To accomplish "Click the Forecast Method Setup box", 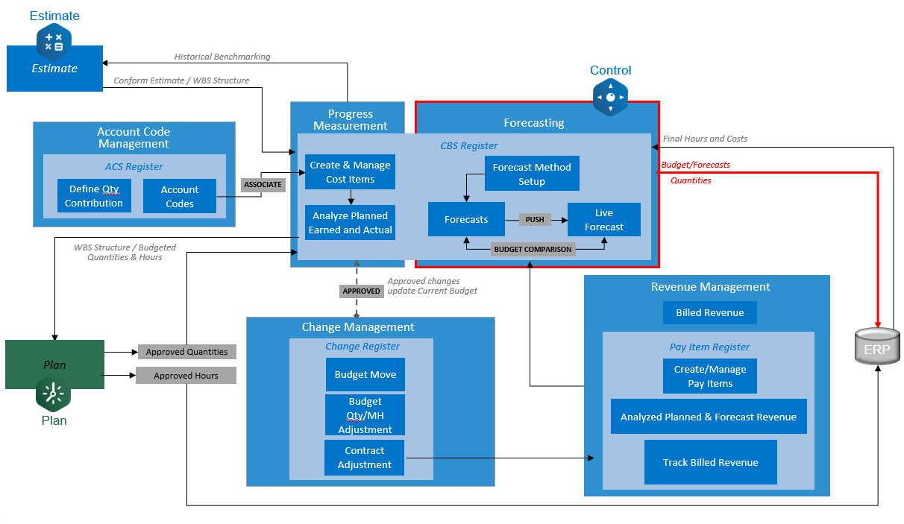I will click(532, 174).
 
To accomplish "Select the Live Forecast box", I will click(603, 220).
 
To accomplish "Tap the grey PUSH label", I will click(535, 220).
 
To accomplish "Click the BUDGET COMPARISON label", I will click(533, 250).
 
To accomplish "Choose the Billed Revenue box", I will click(709, 313).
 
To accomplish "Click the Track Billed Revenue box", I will click(710, 462).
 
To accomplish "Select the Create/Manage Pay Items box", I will click(709, 376).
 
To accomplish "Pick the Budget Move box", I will click(365, 375).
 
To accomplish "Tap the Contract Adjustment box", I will click(364, 458).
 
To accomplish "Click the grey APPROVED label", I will click(361, 291).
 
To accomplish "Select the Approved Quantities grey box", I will click(186, 352).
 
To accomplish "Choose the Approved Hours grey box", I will click(186, 376).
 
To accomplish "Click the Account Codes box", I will click(180, 197).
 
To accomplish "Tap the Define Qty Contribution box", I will click(94, 196).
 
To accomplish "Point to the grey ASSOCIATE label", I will click(263, 184).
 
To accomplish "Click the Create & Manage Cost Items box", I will click(350, 172).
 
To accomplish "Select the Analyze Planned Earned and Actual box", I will click(350, 223).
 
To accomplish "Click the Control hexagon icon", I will click(610, 97).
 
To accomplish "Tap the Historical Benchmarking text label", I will click(222, 57).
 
